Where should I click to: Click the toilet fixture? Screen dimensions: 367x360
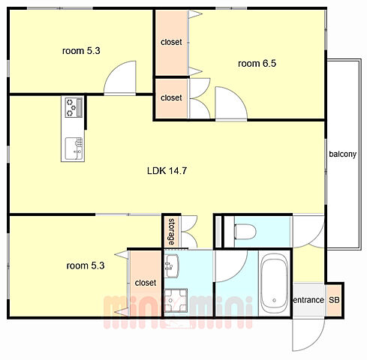[245, 232]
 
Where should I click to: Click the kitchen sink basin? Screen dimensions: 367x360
[74, 148]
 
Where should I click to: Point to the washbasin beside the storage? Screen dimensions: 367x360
[172, 266]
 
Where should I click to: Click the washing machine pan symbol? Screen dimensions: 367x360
[176, 300]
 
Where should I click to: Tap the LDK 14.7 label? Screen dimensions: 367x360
[167, 171]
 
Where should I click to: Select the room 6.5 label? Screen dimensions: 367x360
[257, 64]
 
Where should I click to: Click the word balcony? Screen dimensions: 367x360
[342, 154]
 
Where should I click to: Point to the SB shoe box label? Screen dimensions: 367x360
[334, 300]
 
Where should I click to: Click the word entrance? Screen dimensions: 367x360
[308, 300]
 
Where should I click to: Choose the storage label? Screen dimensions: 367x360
[172, 232]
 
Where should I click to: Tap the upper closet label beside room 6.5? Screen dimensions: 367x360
[171, 42]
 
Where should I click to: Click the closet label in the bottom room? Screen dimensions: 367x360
[146, 283]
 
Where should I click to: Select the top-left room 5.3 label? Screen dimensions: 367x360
[81, 51]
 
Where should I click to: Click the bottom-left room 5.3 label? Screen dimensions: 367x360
[86, 265]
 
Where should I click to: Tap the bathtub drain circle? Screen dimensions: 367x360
[275, 300]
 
